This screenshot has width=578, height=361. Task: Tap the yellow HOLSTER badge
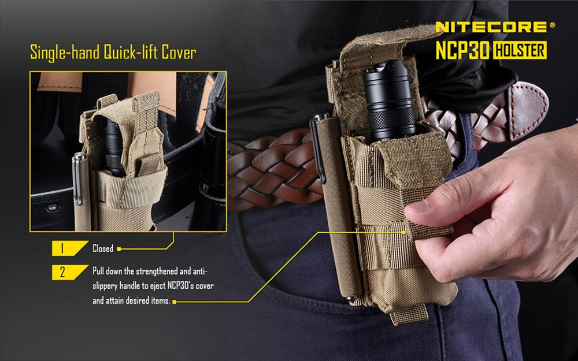[x=519, y=50]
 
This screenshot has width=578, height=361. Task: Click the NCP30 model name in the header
[x=462, y=50]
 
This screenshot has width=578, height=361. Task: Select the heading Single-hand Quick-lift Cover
[x=113, y=53]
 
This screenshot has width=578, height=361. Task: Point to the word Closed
[x=103, y=249]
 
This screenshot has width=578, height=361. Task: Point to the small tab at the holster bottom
[x=409, y=315]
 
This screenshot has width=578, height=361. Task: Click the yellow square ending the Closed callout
[x=118, y=249]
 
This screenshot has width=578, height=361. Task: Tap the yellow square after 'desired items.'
[x=174, y=302]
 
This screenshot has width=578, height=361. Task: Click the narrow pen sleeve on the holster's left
[x=341, y=208]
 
